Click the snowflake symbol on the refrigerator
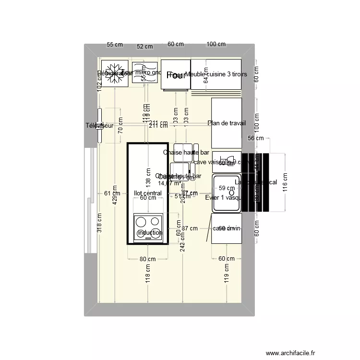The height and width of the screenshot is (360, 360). click(x=115, y=73)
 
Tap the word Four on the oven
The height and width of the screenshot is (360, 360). click(x=176, y=75)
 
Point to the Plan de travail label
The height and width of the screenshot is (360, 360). click(x=227, y=123)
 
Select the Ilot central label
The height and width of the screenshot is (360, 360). click(x=148, y=193)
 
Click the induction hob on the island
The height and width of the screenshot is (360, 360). click(x=148, y=227)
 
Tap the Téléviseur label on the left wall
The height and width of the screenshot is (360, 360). click(x=100, y=126)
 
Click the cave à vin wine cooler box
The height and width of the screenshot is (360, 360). click(x=227, y=228)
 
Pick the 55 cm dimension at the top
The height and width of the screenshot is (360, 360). click(x=115, y=44)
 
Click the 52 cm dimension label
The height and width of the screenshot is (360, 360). click(x=144, y=47)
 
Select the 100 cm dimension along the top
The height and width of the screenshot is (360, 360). click(x=216, y=44)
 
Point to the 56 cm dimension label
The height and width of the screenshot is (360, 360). click(x=256, y=138)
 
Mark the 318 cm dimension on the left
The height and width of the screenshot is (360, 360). click(x=99, y=223)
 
